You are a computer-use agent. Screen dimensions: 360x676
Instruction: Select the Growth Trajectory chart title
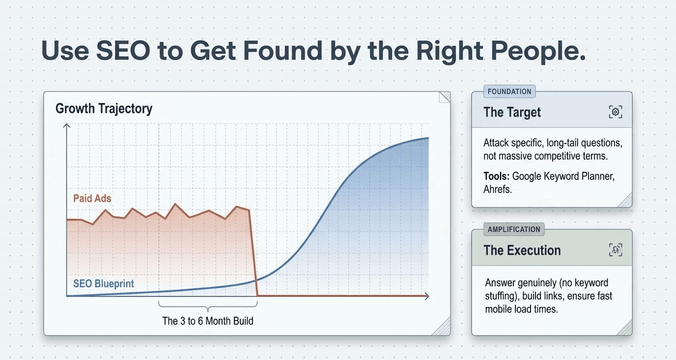(104, 109)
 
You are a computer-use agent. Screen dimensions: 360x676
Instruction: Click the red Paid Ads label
(92, 199)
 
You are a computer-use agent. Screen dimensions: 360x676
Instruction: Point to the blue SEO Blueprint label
(104, 284)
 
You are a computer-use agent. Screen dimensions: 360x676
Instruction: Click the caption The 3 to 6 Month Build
(208, 321)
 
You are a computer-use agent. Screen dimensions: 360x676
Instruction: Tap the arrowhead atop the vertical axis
(67, 125)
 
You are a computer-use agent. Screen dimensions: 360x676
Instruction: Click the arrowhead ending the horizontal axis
(426, 296)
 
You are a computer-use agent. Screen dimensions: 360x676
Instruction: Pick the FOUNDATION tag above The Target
(509, 91)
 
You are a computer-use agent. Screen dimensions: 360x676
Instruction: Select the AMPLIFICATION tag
(514, 229)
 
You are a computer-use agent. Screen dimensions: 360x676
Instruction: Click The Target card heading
(512, 112)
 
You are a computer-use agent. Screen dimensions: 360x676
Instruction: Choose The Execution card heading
(522, 250)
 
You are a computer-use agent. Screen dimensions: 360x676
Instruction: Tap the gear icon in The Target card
(615, 112)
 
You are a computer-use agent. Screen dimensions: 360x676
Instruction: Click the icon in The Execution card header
(615, 250)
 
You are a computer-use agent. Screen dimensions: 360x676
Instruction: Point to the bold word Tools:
(496, 176)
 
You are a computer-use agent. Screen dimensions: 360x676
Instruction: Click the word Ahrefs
(497, 189)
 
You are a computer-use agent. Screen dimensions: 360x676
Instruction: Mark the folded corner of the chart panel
(444, 97)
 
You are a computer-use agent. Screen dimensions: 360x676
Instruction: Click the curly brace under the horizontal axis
(208, 307)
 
